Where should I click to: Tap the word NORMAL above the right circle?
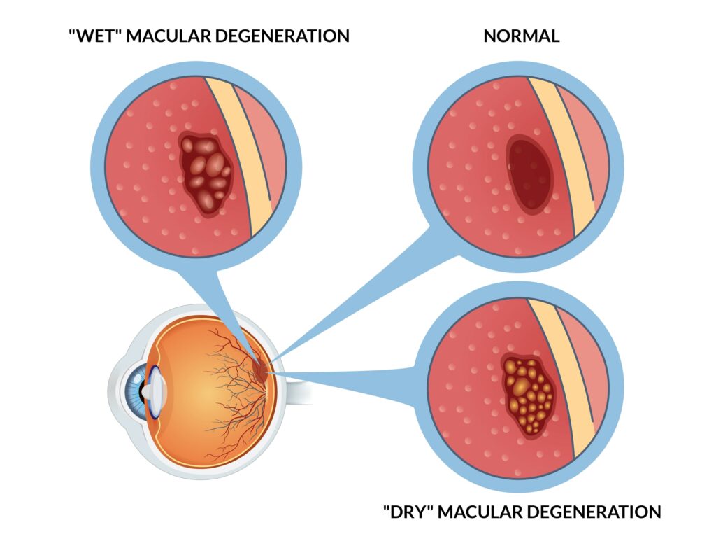pyautogui.click(x=522, y=36)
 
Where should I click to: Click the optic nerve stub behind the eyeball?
pyautogui.click(x=297, y=388)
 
